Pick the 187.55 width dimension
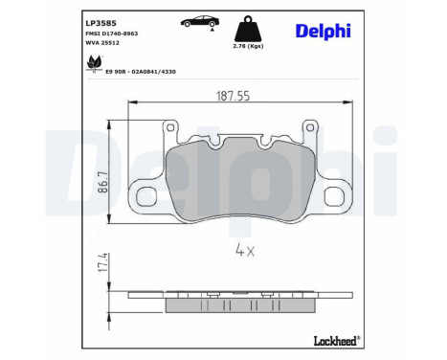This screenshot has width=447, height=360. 233,95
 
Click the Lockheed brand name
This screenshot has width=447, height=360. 335,339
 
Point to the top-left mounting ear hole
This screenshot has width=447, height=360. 172,128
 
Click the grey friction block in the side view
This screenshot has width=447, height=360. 240,304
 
